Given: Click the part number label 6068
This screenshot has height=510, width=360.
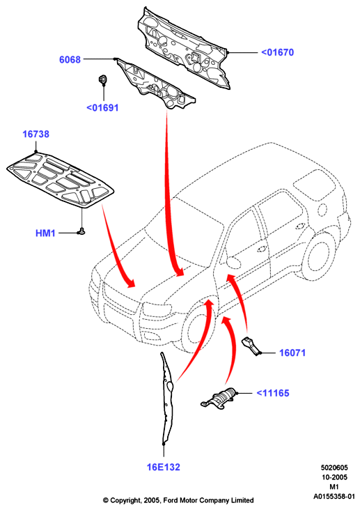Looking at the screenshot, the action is click(70, 59).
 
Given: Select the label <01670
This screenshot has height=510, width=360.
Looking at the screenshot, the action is click(277, 52).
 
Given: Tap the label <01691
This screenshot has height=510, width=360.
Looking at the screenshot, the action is click(102, 108).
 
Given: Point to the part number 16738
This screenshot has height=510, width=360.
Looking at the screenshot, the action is click(36, 134).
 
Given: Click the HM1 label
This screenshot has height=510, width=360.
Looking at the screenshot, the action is click(45, 233).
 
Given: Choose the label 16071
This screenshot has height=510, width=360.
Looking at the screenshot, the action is click(292, 353).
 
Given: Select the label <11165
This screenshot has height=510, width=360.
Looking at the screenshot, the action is click(272, 393).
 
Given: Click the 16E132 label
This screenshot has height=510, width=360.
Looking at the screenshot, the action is click(163, 467).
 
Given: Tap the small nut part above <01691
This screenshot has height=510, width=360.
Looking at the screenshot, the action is click(102, 79).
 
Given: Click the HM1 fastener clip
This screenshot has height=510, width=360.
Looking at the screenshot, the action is click(81, 231).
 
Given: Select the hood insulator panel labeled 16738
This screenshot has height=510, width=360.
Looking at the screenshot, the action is click(61, 180).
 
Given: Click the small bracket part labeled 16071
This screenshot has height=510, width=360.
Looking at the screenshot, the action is click(251, 346).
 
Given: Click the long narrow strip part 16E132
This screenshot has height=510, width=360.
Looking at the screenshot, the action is click(168, 399).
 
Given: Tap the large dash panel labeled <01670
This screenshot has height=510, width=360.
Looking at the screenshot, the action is click(182, 47).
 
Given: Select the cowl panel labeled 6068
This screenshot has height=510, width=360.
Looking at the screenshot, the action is click(156, 84).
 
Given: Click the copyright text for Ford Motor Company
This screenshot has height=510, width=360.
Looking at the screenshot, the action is click(178, 500).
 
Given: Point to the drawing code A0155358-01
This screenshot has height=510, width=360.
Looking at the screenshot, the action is click(334, 497).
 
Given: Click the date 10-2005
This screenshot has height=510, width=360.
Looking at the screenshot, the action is click(334, 477).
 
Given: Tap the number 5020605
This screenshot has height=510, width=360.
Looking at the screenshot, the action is click(334, 467).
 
